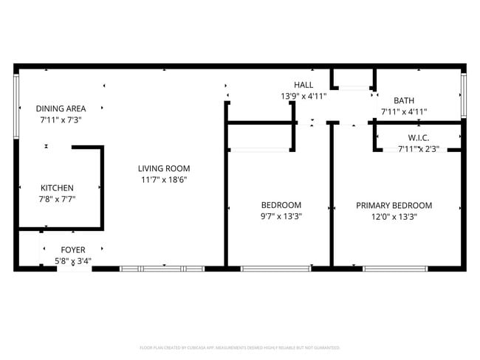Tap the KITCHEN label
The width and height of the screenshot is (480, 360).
point(57,188)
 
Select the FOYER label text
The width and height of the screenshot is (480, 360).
point(72,250)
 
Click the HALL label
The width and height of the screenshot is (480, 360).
point(303,85)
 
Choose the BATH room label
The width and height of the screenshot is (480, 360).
point(404,101)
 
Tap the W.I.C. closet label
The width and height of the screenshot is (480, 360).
point(419,138)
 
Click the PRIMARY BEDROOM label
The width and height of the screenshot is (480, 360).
point(394,205)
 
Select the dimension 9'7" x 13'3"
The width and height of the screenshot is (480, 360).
point(281,216)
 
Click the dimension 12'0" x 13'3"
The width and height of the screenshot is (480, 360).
point(394,216)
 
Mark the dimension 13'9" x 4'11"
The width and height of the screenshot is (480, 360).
point(303,96)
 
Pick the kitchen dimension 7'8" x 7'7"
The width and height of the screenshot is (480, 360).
point(57,199)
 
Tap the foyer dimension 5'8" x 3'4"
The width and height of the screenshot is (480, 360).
point(72,261)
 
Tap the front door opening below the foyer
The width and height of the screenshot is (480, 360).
point(74,269)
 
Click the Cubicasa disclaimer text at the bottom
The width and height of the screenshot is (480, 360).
point(239,347)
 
